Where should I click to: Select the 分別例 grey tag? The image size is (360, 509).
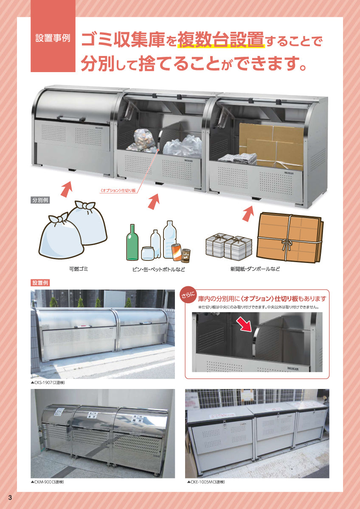[x=40, y=200]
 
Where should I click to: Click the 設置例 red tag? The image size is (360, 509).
[x=40, y=282]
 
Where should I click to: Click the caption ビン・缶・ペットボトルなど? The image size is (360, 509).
[x=159, y=269]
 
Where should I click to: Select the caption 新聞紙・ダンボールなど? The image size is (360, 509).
[x=255, y=269]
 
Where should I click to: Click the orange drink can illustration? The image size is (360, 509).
[x=176, y=252]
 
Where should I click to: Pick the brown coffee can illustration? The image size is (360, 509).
[x=186, y=255]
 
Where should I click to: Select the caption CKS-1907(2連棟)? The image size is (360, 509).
[x=48, y=383]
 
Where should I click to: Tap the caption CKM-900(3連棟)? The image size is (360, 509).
[x=48, y=482]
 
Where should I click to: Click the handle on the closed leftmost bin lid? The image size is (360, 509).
[x=71, y=118]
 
